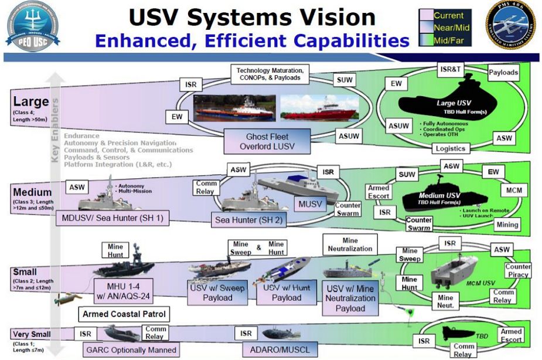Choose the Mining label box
[x=507, y=224]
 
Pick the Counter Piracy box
[x=517, y=270]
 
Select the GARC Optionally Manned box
[x=130, y=349]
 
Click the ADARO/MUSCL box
[x=276, y=349]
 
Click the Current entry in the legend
[x=448, y=15]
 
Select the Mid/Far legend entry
[x=448, y=40]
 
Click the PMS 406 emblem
[x=510, y=25]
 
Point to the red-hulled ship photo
[x=318, y=107]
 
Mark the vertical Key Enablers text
[x=55, y=130]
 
